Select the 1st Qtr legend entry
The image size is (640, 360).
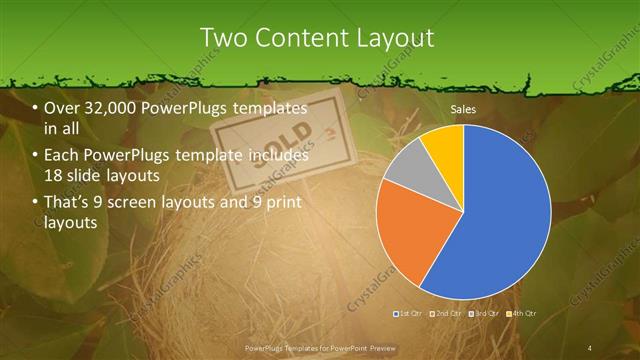tap(409, 315)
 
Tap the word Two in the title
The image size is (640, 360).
tap(222, 38)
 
